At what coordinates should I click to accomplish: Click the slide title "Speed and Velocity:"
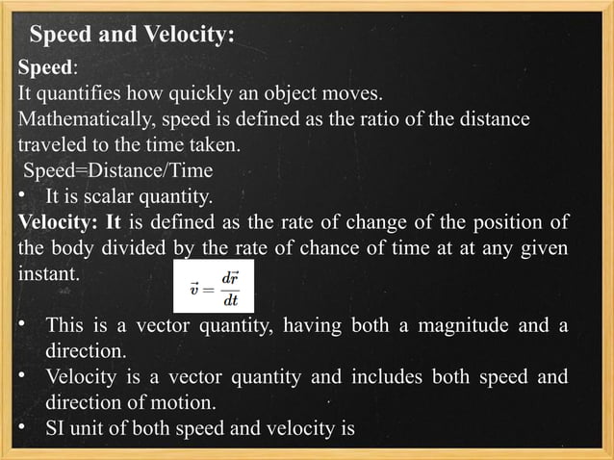[x=132, y=37]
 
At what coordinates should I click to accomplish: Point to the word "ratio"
[x=373, y=121]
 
